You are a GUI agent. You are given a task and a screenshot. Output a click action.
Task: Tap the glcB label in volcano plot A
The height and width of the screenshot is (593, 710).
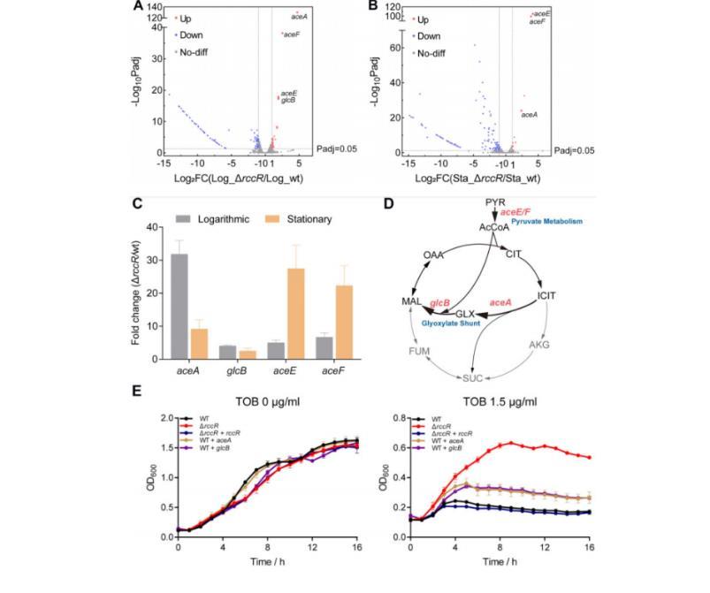[x=288, y=101]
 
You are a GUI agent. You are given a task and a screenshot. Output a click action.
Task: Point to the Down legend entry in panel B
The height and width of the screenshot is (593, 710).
[x=429, y=36]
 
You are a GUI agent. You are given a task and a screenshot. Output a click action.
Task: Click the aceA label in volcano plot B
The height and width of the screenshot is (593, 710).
[x=530, y=114]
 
